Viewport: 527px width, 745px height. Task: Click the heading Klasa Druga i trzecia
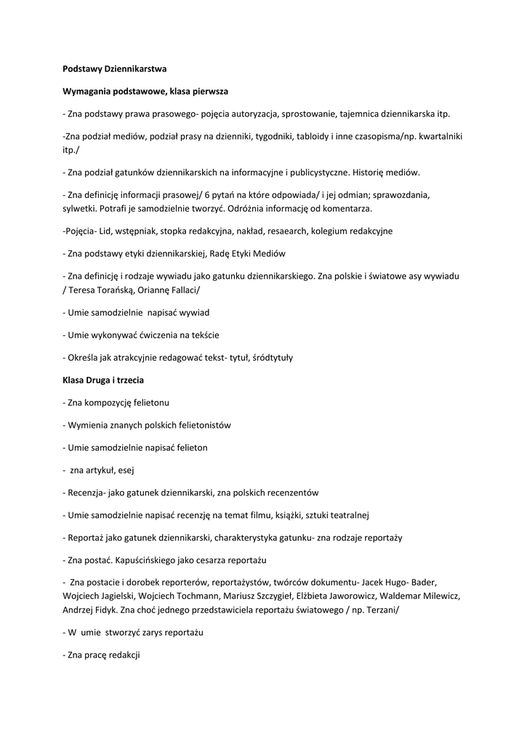[105, 380]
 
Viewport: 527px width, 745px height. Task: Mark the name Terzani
[378, 610]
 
